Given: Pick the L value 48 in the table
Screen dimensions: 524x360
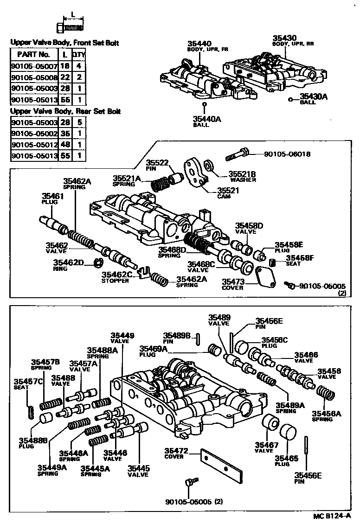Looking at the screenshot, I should (x=65, y=145).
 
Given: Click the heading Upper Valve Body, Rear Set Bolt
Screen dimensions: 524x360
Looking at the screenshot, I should (x=65, y=111).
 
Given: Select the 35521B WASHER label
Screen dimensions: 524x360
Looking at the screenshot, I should (x=242, y=177).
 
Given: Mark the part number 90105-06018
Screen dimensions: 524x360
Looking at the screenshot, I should (x=287, y=154).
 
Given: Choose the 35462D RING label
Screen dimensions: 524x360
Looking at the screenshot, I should (x=68, y=265).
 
